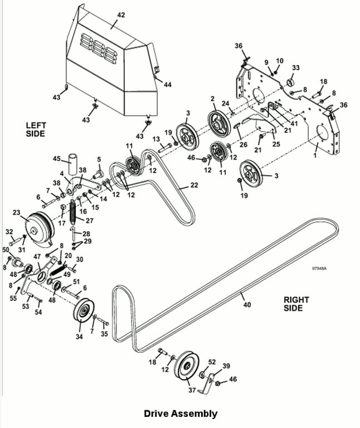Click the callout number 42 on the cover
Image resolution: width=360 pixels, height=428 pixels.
point(120,15)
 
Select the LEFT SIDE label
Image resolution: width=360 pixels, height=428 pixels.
point(36,129)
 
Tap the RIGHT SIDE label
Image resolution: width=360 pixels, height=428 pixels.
point(296,304)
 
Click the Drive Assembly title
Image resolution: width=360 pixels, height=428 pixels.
point(181,414)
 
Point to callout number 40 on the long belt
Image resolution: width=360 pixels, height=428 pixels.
point(247,304)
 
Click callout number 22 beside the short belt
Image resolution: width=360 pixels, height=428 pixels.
point(194,185)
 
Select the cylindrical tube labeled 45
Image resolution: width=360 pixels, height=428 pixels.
point(72,164)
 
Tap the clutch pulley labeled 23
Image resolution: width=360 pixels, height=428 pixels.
point(40,228)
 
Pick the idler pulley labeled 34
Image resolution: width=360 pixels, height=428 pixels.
point(84,310)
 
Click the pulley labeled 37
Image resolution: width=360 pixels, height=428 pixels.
point(187,364)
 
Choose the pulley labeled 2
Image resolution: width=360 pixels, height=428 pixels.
point(219,123)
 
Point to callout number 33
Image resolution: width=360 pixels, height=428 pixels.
point(295,67)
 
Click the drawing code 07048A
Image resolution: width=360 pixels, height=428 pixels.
point(319,268)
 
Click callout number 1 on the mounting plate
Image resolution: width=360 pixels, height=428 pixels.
point(315,156)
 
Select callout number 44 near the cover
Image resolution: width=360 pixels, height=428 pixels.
point(167,85)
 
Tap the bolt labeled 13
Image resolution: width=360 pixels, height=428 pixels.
point(164,147)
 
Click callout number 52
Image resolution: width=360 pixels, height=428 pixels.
point(212,362)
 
